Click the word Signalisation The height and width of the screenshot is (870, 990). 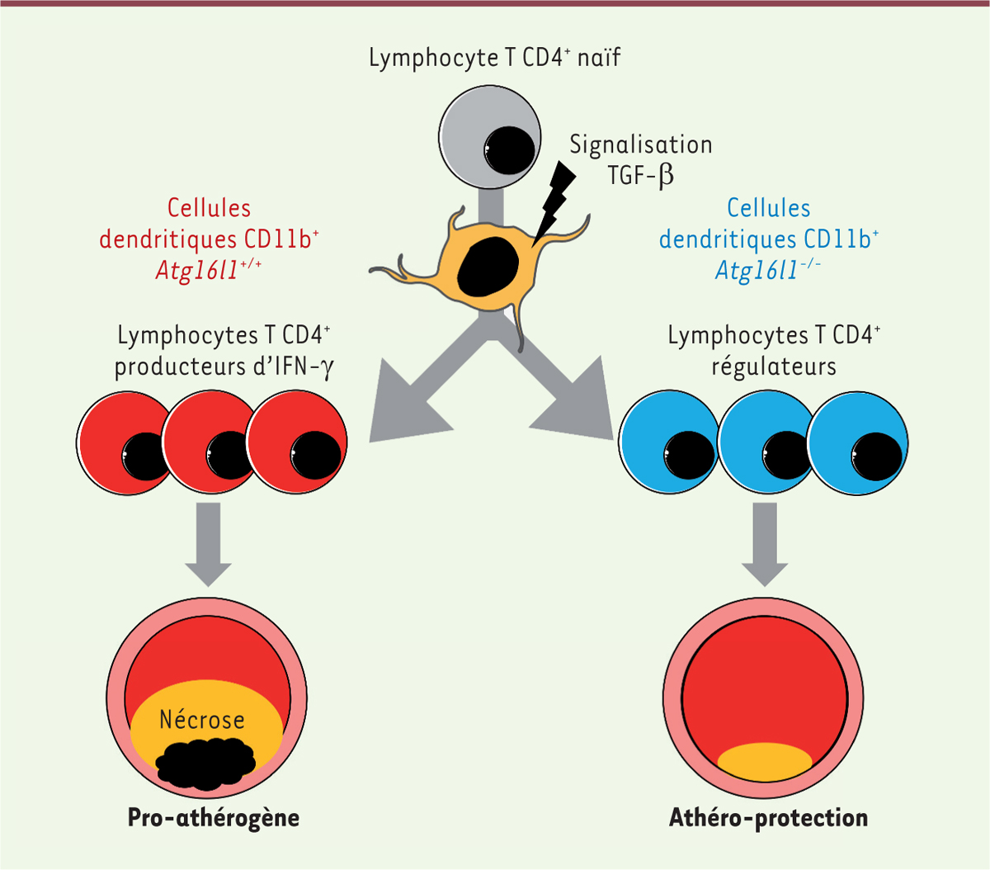coord(640,144)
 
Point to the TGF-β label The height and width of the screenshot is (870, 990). coord(640,176)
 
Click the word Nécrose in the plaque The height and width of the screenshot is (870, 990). coord(202,720)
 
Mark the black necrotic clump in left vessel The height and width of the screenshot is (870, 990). coord(206,760)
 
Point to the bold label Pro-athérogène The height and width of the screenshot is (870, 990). coord(213,818)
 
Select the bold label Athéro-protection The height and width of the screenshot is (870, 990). coord(768,818)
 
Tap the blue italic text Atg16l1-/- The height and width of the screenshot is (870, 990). coord(768,271)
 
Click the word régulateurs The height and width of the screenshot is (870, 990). coord(773,366)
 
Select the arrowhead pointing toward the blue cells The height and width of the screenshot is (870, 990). coord(582,404)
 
